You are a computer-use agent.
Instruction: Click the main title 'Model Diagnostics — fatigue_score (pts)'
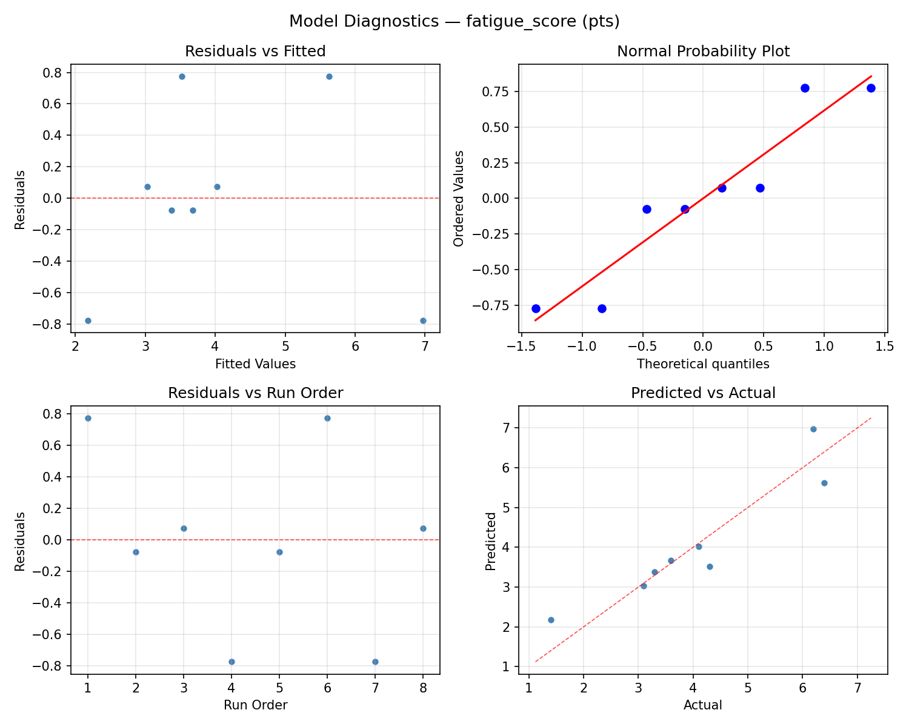click(x=454, y=22)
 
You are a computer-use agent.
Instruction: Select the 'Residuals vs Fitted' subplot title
click(x=255, y=51)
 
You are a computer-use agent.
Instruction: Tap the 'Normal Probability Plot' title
click(x=703, y=51)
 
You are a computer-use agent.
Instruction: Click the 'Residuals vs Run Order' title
click(x=255, y=393)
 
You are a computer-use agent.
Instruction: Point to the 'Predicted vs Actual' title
click(x=703, y=393)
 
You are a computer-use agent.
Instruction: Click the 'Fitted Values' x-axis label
click(x=255, y=364)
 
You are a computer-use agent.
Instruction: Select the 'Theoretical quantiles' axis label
click(x=703, y=364)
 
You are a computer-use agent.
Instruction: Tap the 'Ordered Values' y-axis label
click(x=459, y=199)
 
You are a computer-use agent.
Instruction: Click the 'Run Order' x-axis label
click(x=255, y=705)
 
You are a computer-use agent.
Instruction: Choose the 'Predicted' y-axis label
click(x=491, y=541)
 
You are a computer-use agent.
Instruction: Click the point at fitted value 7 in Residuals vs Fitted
click(x=423, y=320)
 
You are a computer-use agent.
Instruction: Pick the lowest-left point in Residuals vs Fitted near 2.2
click(x=88, y=320)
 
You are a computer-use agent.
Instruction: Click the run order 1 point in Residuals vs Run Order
click(x=88, y=418)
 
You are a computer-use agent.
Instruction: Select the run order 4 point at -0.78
click(x=231, y=662)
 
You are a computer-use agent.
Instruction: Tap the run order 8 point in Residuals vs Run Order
click(x=423, y=528)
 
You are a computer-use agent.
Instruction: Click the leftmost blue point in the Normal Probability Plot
click(x=536, y=308)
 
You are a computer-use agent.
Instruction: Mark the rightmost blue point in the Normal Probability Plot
click(x=871, y=88)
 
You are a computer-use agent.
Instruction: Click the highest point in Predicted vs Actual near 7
click(x=813, y=429)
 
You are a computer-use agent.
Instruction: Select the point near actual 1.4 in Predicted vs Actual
click(x=551, y=620)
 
